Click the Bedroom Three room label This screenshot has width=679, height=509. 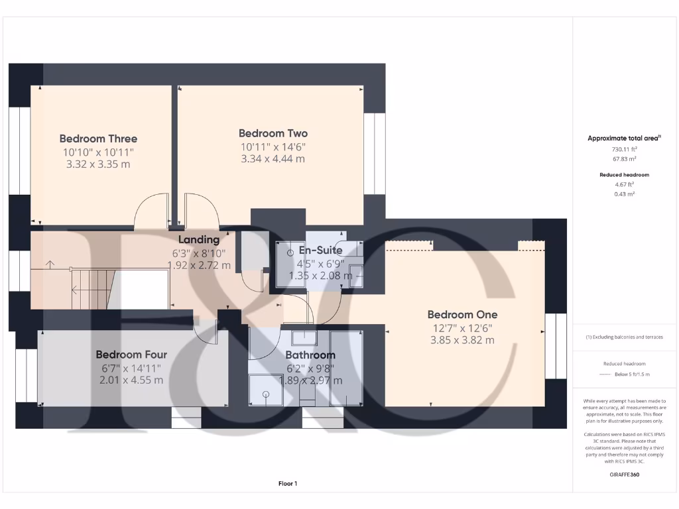point(98,139)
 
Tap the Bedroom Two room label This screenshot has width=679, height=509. point(273,133)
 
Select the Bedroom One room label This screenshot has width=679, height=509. point(462,314)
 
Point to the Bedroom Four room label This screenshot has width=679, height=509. point(131,355)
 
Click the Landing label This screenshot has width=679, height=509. point(198,239)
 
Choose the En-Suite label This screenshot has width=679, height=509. point(320,251)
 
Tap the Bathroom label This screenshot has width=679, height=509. point(310,355)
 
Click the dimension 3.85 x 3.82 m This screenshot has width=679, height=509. point(462,340)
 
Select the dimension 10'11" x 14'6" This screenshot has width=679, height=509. point(273,146)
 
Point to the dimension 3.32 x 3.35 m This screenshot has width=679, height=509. point(98,164)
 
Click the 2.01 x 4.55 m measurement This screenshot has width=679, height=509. point(131,380)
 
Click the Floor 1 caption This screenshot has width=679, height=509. point(287,484)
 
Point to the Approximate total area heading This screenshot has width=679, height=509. point(625,138)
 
